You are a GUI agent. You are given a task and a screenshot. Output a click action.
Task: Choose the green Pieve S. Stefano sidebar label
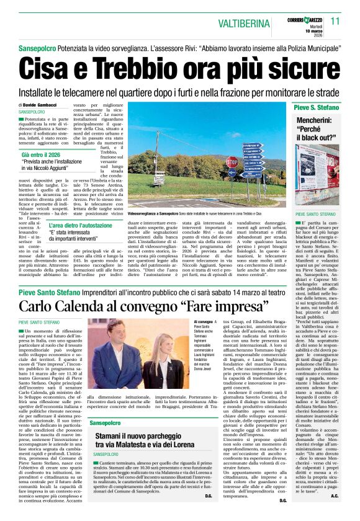[x=317, y=108]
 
